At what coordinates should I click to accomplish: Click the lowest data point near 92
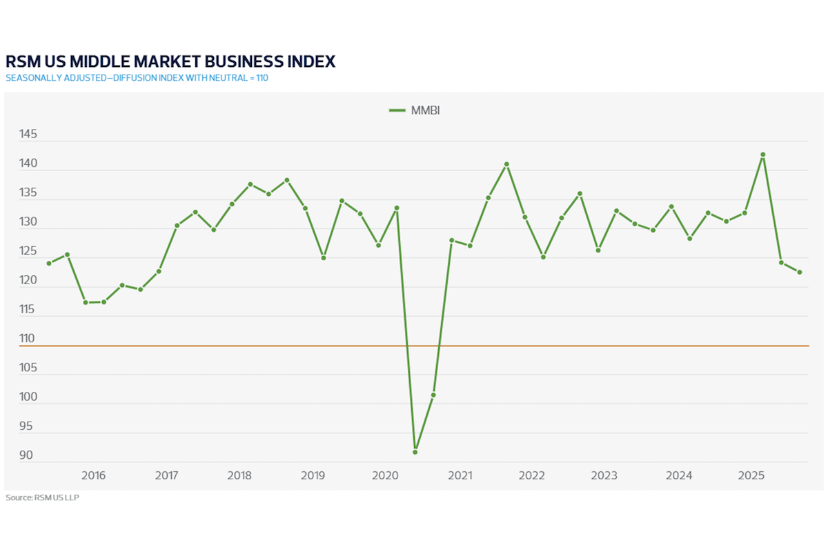pos(415,452)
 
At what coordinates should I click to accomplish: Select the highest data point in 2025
pos(763,155)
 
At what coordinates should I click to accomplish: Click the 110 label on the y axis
pos(28,339)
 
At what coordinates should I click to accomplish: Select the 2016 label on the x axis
pos(93,475)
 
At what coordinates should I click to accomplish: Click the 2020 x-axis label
pos(384,475)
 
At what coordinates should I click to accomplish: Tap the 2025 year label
pos(750,475)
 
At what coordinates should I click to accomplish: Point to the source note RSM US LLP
pos(42,497)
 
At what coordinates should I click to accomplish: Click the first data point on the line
pos(49,263)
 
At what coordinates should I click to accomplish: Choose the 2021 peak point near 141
pos(506,164)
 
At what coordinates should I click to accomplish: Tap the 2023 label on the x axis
pos(604,475)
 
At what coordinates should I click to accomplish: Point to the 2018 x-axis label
pos(239,475)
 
